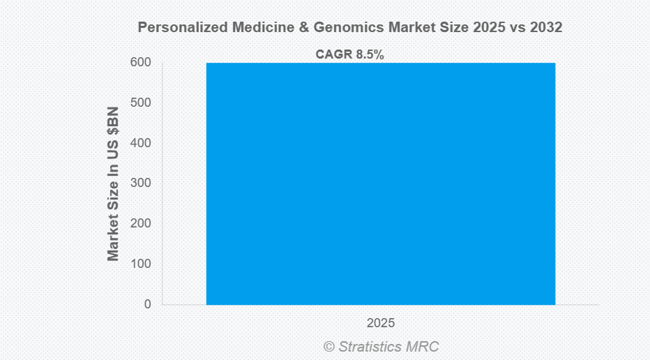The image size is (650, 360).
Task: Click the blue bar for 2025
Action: [x=381, y=183]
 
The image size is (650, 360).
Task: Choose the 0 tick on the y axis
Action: [x=147, y=304]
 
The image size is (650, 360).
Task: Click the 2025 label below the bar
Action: [x=381, y=323]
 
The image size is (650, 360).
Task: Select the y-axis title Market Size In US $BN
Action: [x=113, y=183]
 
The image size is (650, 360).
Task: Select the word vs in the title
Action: [x=518, y=27]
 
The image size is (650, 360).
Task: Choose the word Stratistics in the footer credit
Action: [x=373, y=347]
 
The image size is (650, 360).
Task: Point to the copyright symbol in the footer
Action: [x=329, y=347]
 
